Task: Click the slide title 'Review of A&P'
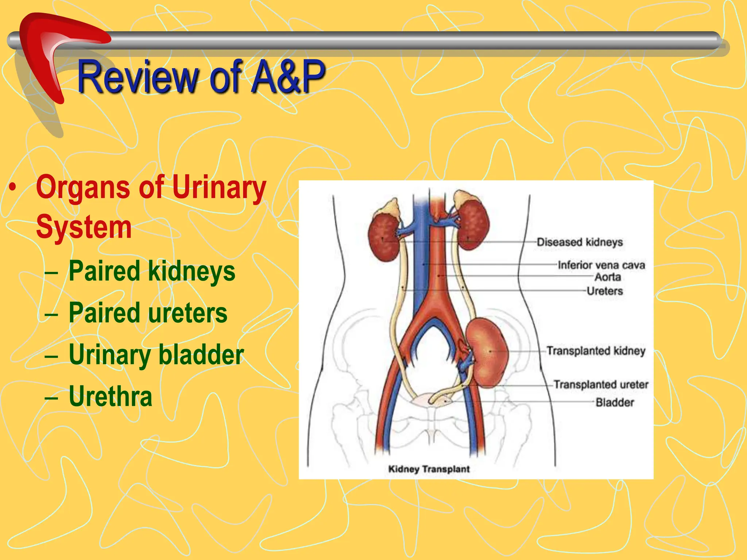[x=201, y=77]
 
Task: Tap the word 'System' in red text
[x=84, y=227]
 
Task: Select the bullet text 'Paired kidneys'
[x=152, y=271]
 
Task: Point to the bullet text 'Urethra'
[x=110, y=396]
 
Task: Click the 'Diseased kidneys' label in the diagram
[x=580, y=242]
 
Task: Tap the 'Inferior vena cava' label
[x=601, y=265]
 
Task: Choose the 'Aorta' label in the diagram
[x=608, y=277]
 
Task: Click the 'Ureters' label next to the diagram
[x=604, y=291]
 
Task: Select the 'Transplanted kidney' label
[x=596, y=351]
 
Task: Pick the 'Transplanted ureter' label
[x=601, y=385]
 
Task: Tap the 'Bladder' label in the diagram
[x=615, y=402]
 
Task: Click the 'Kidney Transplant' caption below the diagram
[x=429, y=469]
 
